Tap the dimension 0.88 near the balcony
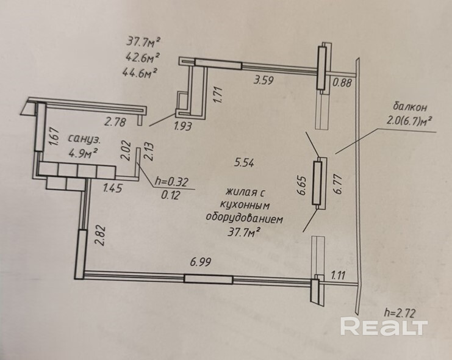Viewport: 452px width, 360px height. click(342, 84)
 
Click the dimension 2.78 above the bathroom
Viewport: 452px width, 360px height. click(115, 123)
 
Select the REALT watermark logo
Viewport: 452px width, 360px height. click(383, 325)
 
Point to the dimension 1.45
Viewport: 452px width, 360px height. click(113, 189)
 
